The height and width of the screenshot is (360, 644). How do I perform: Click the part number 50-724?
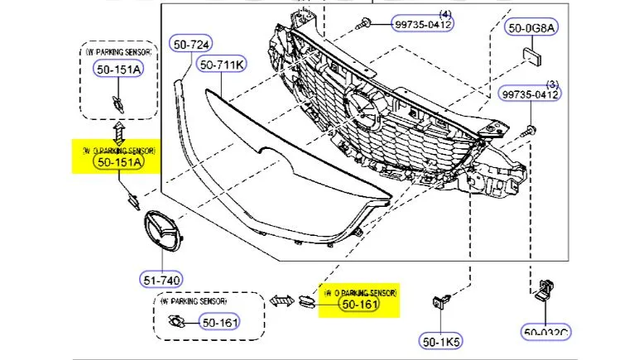point(191,42)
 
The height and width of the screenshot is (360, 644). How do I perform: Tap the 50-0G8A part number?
point(533,28)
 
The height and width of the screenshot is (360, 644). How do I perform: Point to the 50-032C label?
point(547,334)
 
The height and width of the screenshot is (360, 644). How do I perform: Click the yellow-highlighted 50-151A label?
point(119,163)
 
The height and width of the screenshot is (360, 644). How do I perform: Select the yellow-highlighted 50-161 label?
point(360,305)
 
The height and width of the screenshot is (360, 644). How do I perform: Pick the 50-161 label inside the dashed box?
point(219,322)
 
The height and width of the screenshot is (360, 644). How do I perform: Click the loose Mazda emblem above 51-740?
point(162,233)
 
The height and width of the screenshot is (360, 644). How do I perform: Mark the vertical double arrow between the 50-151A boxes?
point(118,131)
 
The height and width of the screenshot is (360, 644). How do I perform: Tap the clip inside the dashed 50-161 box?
point(176,322)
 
